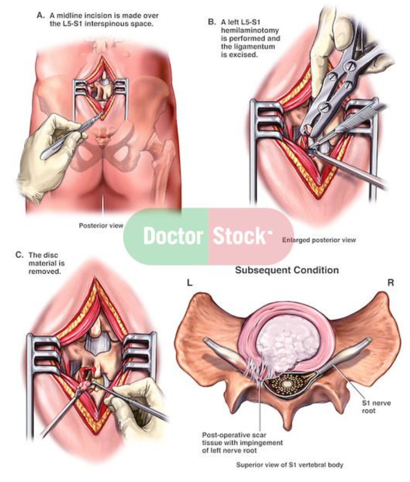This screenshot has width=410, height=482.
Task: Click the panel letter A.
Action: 41,15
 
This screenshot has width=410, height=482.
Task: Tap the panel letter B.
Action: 211,22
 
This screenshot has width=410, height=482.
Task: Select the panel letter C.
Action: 19,255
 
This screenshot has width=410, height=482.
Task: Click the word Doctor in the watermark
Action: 173,236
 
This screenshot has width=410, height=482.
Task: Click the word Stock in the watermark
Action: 240,236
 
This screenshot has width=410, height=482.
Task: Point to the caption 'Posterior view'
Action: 101,226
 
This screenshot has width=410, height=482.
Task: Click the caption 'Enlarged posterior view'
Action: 319,240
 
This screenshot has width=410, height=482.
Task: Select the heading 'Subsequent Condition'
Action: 287,270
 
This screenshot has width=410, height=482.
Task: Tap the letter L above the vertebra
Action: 190,283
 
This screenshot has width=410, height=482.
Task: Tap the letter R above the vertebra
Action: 391,283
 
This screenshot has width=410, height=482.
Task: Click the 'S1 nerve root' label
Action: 376,406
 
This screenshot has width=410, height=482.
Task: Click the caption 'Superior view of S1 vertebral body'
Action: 289,465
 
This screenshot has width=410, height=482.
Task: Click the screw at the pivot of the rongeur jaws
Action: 324,107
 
